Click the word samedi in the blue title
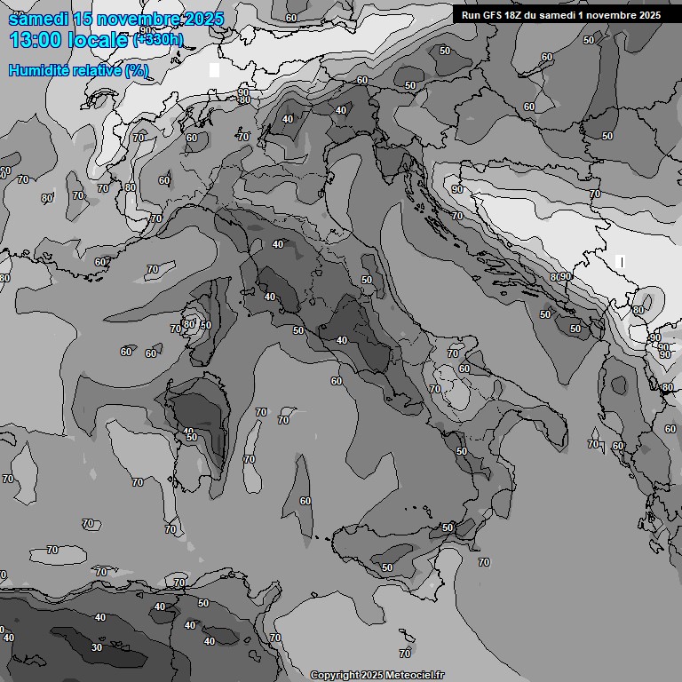click(x=36, y=20)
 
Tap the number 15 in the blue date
click(x=83, y=20)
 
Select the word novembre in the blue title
click(x=139, y=20)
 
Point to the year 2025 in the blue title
click(x=202, y=20)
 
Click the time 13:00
click(x=37, y=40)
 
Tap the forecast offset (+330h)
click(x=158, y=39)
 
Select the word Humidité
click(x=38, y=70)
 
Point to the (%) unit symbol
click(x=136, y=70)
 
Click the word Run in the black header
click(x=471, y=15)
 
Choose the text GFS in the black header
click(x=493, y=15)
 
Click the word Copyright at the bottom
click(x=335, y=676)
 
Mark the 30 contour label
click(x=97, y=647)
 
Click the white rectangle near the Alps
click(x=214, y=70)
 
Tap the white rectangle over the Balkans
click(x=620, y=262)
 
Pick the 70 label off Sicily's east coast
click(x=484, y=562)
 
